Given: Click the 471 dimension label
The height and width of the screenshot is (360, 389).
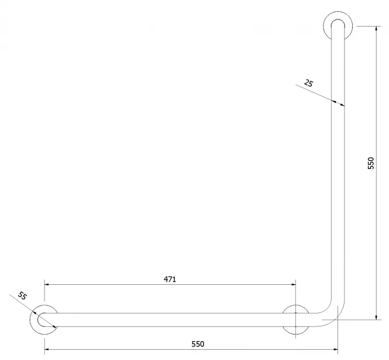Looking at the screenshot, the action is point(170,279).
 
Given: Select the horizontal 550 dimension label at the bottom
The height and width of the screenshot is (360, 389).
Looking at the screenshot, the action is point(198,344).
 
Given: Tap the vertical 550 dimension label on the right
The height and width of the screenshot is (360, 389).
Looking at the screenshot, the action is point(371,163).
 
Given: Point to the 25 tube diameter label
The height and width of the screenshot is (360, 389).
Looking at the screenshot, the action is point(309,83).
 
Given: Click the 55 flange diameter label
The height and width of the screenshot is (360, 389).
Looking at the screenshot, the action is point(22,296).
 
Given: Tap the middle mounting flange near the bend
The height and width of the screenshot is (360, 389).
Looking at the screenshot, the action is point(296,306).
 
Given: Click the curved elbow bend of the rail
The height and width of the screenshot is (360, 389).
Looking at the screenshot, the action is point(335,317).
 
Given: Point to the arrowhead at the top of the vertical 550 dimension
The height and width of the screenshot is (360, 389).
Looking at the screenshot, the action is point(377,28).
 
